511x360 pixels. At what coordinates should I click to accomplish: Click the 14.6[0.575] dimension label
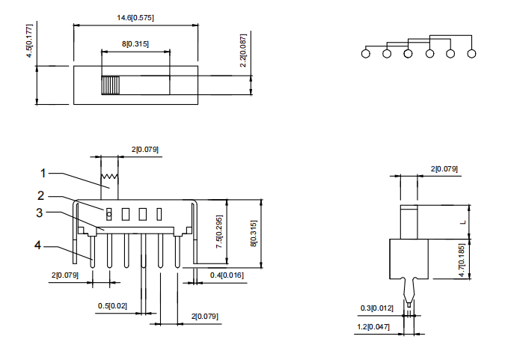[x=136, y=16]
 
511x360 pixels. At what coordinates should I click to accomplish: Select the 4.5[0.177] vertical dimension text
[x=29, y=41]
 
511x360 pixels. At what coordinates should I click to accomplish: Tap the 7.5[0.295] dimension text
[x=219, y=231]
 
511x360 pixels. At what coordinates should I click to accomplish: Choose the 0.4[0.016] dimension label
[x=225, y=276]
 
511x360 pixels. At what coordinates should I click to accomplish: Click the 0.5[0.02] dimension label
[x=112, y=306]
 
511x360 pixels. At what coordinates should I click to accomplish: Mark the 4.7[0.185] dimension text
[x=462, y=260]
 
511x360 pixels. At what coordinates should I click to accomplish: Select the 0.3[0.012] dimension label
[x=376, y=308]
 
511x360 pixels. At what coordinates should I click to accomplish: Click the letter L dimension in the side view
[x=462, y=222]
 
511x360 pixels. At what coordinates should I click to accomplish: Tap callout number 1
[x=43, y=173]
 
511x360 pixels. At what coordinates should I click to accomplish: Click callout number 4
[x=37, y=244]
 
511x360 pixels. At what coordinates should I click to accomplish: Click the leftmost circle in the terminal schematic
[x=365, y=53]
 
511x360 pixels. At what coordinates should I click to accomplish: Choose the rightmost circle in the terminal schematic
[x=471, y=53]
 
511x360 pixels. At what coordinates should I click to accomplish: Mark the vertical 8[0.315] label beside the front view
[x=253, y=234]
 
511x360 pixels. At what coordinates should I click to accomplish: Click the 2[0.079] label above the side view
[x=444, y=169]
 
